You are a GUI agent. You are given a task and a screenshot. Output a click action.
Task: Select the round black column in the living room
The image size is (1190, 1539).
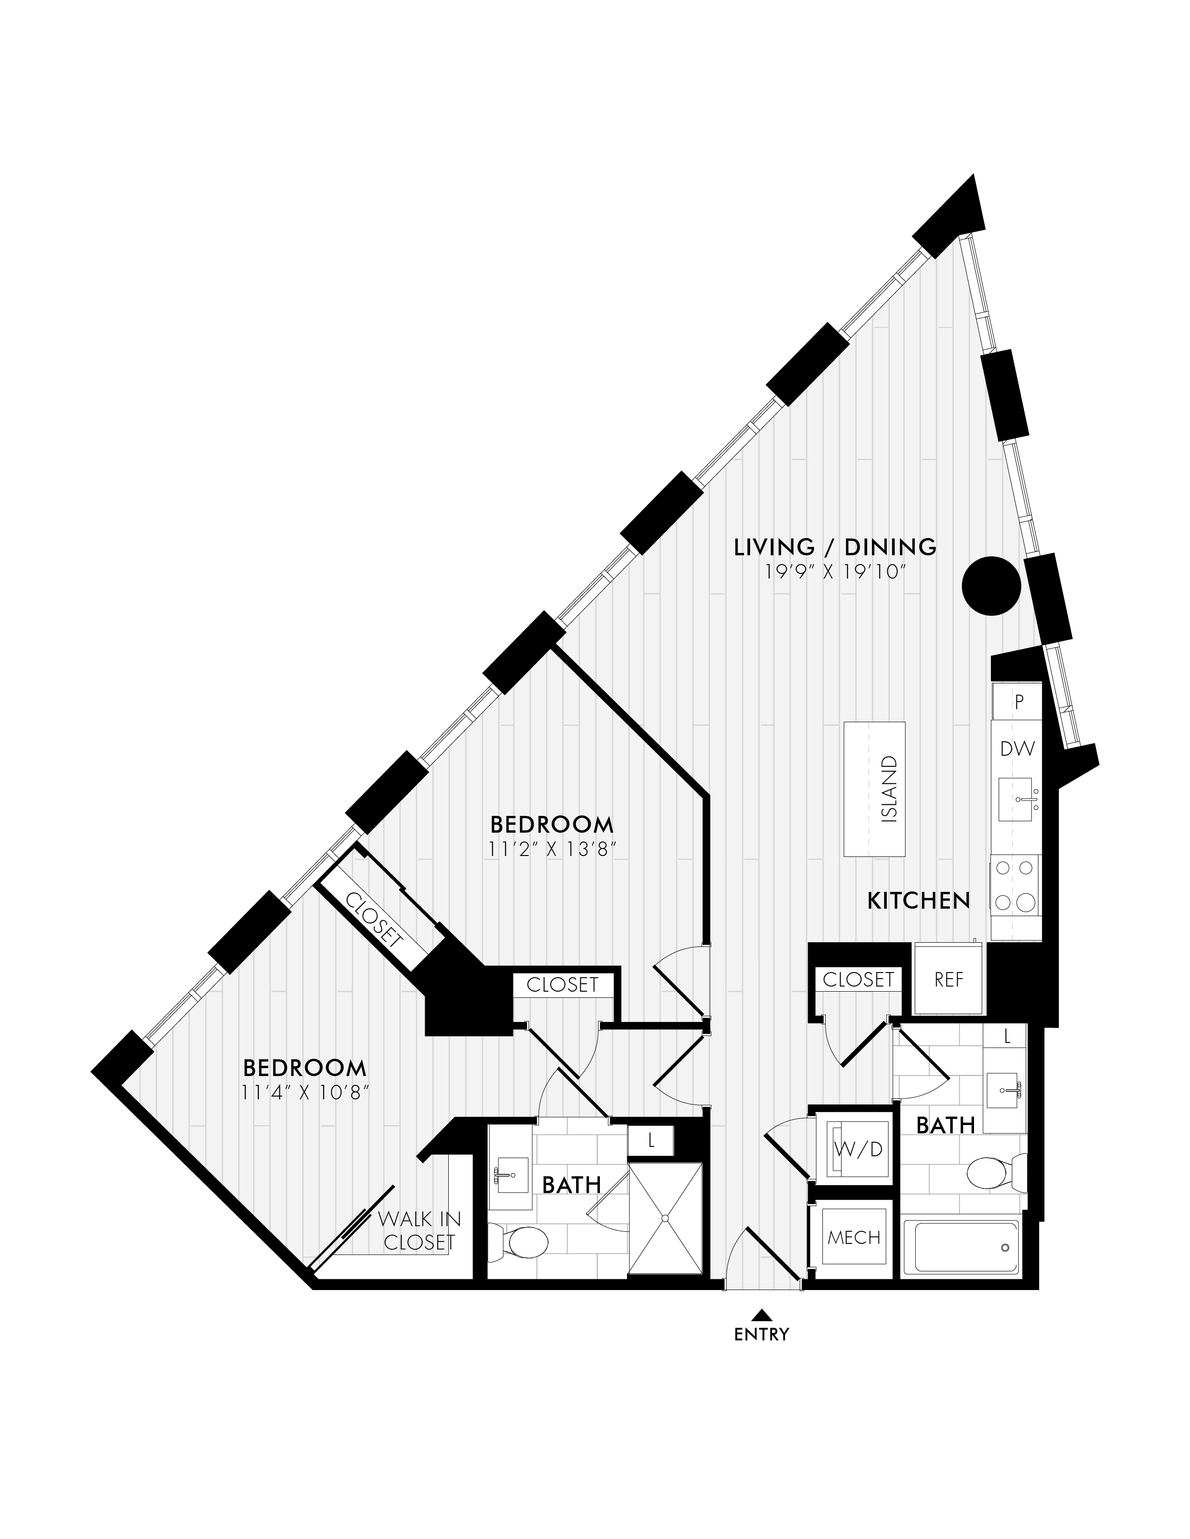pyautogui.click(x=992, y=586)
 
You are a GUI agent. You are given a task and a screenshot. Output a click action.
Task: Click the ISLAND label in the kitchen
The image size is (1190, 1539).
pyautogui.click(x=890, y=789)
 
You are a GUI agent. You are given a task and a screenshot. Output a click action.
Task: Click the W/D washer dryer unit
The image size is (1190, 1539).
pyautogui.click(x=858, y=1149)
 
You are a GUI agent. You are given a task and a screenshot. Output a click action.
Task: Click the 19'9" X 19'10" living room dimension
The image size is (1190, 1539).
pyautogui.click(x=835, y=572)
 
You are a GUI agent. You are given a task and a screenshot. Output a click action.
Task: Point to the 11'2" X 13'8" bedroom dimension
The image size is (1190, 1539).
pyautogui.click(x=552, y=850)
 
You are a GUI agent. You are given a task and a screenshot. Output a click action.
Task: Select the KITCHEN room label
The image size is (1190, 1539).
pyautogui.click(x=919, y=901)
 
